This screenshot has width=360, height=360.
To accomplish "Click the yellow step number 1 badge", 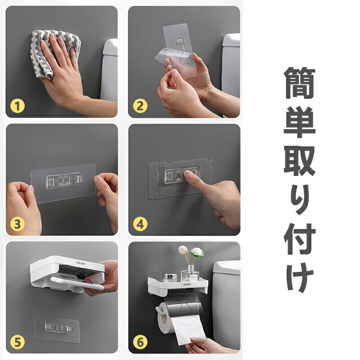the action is [18, 106].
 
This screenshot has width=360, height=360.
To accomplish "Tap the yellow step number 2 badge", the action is [140, 106].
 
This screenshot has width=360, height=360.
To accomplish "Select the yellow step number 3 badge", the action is [18, 224].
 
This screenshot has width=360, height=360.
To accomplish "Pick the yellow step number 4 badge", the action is [140, 224].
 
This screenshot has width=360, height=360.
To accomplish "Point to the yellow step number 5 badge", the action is [18, 342].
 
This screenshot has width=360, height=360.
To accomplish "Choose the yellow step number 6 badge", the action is [140, 342].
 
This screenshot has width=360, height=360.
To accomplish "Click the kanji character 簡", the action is [300, 83].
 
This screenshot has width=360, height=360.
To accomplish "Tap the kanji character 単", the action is [300, 122].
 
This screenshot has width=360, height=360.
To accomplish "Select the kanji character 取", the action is [300, 161].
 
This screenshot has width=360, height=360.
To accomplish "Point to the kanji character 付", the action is [300, 239].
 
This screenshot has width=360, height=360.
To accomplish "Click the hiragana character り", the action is [300, 200].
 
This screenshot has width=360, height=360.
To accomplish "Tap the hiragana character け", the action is [300, 277].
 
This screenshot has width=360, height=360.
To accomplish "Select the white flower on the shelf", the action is [197, 252].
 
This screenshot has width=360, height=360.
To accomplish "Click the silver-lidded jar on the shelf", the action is [170, 277].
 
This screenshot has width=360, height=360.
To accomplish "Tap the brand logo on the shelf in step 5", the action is [81, 263].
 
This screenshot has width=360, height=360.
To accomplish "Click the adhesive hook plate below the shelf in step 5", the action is [57, 329].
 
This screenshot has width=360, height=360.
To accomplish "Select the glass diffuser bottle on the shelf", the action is [189, 274].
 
